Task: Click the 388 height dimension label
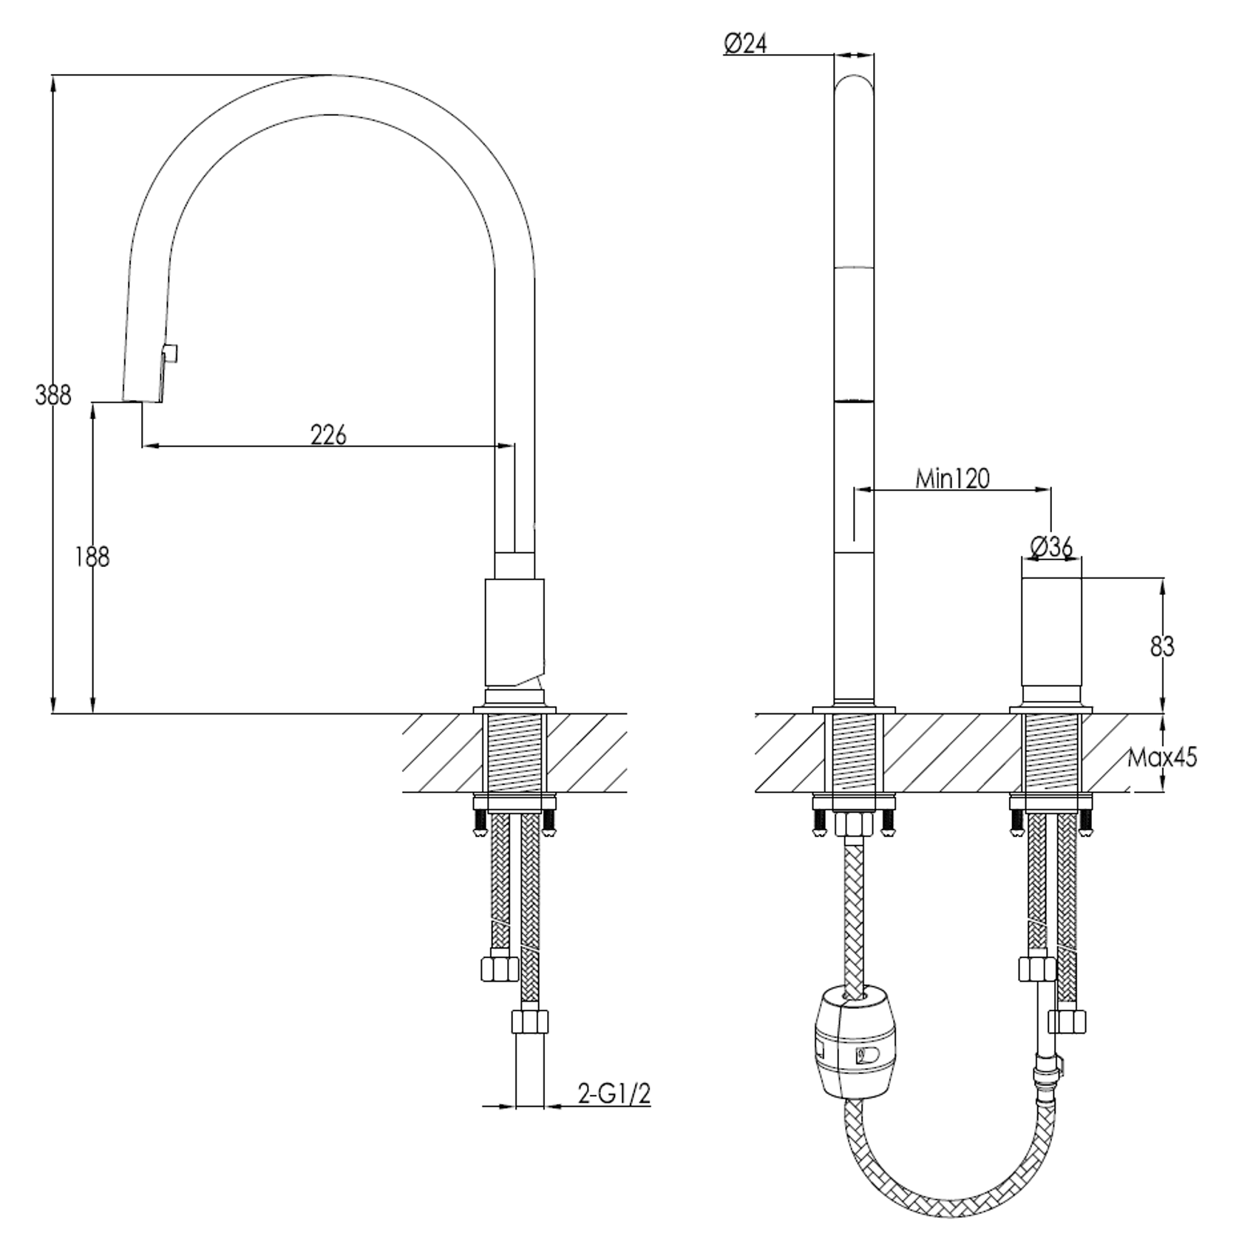coord(53,396)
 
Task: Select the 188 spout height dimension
coord(92,557)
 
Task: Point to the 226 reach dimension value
coord(328,435)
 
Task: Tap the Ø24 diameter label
coord(745,44)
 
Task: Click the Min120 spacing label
coord(952,479)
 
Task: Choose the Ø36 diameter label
coord(1050,547)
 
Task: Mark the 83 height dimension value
coord(1162,647)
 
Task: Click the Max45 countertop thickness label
coord(1161,757)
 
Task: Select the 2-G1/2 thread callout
coord(614,1094)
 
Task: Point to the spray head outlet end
coord(142,401)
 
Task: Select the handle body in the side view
coord(515,632)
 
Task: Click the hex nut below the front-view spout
coord(854,823)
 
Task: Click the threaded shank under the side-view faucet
coord(515,753)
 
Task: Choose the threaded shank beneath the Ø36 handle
coord(1050,753)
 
